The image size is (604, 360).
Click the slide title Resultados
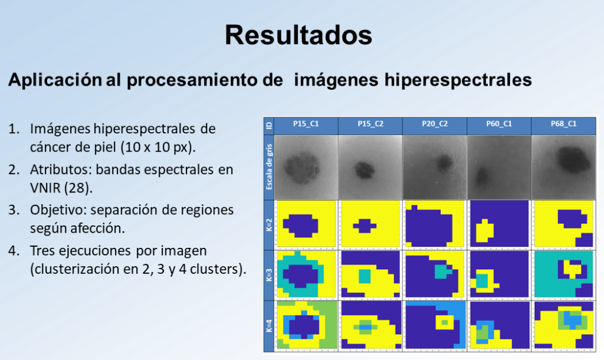pyautogui.click(x=298, y=35)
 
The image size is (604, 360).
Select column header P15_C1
pyautogui.click(x=306, y=124)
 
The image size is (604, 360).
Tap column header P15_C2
pyautogui.click(x=370, y=124)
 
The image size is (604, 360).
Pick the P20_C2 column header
pyautogui.click(x=435, y=124)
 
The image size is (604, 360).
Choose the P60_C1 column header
pyautogui.click(x=499, y=124)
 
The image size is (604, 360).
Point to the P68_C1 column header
pyautogui.click(x=563, y=124)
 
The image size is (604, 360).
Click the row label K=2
pyautogui.click(x=269, y=225)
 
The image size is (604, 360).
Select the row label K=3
pyautogui.click(x=269, y=275)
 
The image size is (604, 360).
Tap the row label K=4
pyautogui.click(x=269, y=325)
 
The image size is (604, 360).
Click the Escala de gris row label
pyautogui.click(x=269, y=167)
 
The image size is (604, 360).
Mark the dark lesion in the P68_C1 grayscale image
pyautogui.click(x=573, y=158)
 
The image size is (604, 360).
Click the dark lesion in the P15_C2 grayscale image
pyautogui.click(x=365, y=169)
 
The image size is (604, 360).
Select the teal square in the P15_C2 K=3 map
pyautogui.click(x=365, y=276)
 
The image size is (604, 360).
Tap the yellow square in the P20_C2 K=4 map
pyautogui.click(x=445, y=322)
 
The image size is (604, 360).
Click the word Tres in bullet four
pyautogui.click(x=42, y=251)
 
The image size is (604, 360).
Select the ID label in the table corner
pyautogui.click(x=269, y=126)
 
